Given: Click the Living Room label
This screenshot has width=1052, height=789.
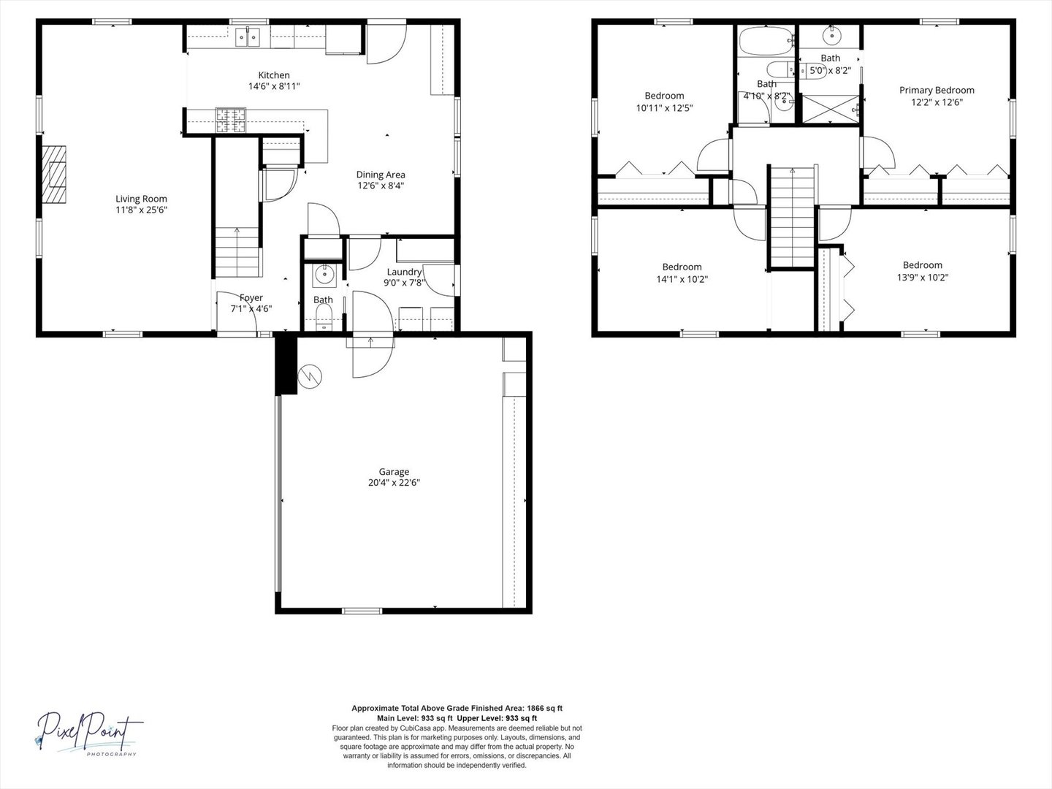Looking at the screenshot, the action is coord(142,199).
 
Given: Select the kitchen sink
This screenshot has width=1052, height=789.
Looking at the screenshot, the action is coord(248,37).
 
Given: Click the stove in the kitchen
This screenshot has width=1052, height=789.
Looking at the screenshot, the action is coord(231,120).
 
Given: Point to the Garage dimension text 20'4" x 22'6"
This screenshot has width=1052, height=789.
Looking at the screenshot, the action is coord(394,482).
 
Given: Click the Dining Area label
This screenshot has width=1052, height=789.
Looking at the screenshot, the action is coord(381,175).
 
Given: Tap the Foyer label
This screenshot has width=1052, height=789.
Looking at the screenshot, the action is coord(251,297).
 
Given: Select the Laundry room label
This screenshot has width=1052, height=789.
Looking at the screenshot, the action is coord(404,272).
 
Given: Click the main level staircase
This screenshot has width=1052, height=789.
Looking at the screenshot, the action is coord(237,252).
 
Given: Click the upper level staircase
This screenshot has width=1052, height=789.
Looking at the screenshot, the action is coord(792,217).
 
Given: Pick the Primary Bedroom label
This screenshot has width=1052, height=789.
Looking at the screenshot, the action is coord(937,90).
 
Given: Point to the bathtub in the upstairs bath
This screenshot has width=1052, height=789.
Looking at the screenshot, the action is coord(766,41).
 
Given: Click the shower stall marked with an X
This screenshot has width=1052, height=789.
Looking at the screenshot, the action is coord(831,109).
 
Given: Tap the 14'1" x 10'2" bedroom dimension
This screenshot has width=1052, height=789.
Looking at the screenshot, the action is coord(682,279).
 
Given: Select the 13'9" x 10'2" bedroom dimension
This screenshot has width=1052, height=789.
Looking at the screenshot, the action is coord(923,277).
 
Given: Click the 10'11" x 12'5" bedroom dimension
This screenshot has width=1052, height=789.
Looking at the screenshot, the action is coord(664,108).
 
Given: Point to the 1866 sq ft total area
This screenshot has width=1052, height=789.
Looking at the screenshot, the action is coord(545,708).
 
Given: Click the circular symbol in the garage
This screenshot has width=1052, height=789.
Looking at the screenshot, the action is coord(310,376).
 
